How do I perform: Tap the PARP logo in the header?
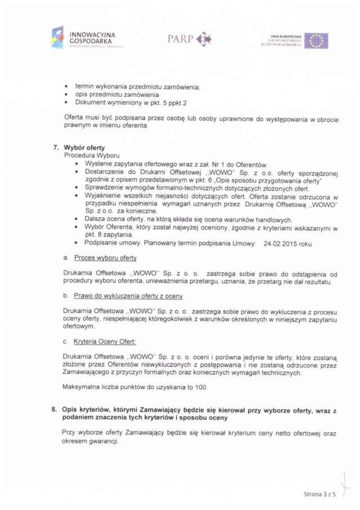point(189,39)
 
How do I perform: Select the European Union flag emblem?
point(316,41)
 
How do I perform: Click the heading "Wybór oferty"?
point(84,147)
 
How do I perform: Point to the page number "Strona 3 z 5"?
point(318,494)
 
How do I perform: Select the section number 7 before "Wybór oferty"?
point(56,147)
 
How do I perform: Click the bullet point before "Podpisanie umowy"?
point(76,243)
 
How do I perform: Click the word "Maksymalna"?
point(82,387)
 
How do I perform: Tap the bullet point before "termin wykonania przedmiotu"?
point(67,87)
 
